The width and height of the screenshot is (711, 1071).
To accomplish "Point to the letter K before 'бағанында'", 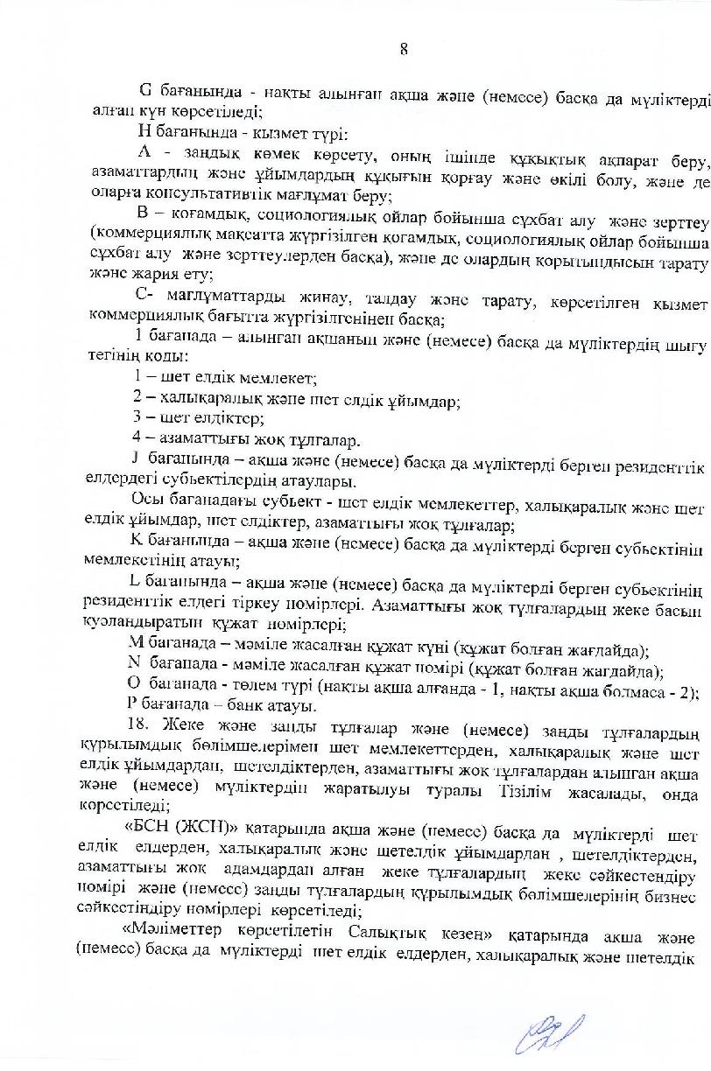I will [136, 542].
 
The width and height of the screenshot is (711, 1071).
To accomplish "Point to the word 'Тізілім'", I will [550, 791].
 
